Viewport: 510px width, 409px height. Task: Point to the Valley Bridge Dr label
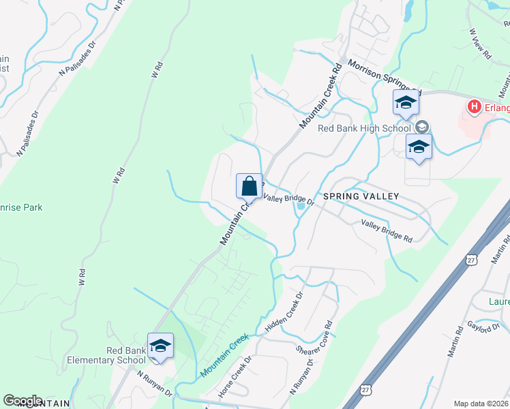(x=288, y=199)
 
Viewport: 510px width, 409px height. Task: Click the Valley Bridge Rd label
(x=387, y=231)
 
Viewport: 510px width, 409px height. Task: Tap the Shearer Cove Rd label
(x=314, y=341)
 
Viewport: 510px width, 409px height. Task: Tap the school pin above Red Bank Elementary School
(x=160, y=346)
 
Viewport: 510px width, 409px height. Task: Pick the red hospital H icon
(x=474, y=106)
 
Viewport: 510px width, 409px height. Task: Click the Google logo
(x=22, y=401)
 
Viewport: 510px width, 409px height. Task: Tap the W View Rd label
(x=481, y=45)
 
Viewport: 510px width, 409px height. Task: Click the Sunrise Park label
(x=20, y=207)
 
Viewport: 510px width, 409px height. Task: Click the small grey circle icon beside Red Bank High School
(x=421, y=127)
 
